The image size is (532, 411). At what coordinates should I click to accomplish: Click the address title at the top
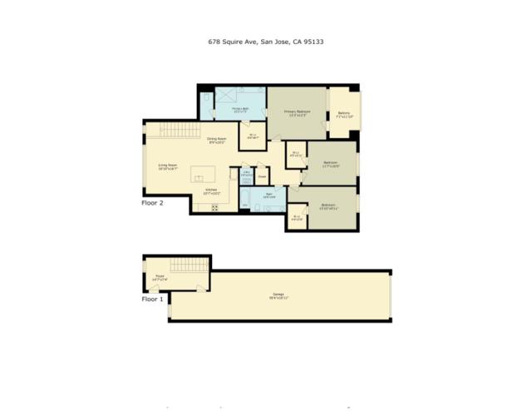coord(266,40)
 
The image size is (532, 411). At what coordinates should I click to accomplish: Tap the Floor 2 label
coord(153,201)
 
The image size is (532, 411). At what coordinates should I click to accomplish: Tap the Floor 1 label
coord(153,298)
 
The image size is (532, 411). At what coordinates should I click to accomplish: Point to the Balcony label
coord(344,114)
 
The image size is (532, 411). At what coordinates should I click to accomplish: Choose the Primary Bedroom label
coord(296,111)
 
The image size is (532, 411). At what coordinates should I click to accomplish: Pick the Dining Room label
coord(218,140)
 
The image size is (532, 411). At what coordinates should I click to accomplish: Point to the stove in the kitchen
coord(214,208)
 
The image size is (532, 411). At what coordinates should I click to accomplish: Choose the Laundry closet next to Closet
coord(247,175)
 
